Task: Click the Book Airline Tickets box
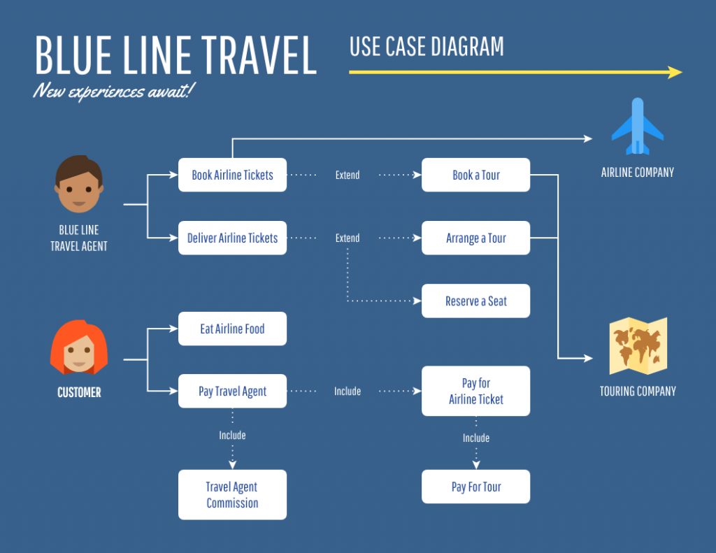[232, 175]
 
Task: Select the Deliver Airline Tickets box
[232, 238]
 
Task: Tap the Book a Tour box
[475, 175]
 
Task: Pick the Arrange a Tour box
[475, 238]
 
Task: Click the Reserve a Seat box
[475, 301]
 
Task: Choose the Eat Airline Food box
[232, 329]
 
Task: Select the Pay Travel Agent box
[232, 391]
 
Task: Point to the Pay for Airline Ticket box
[475, 391]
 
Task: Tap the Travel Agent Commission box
[232, 494]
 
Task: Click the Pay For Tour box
[475, 487]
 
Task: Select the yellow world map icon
[638, 346]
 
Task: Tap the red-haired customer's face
[79, 350]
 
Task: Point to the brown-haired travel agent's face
[78, 185]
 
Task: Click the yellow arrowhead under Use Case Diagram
[675, 72]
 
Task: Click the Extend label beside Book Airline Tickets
[347, 175]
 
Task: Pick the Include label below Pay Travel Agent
[232, 436]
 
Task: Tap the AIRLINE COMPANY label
[637, 172]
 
